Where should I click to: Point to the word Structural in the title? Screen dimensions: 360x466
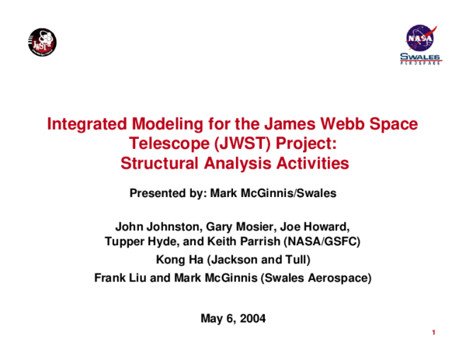[158, 164]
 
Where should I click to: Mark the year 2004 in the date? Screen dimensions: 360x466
[252, 318]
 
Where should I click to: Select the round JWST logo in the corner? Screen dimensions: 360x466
[42, 42]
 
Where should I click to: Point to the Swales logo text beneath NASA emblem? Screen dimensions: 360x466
[420, 58]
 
